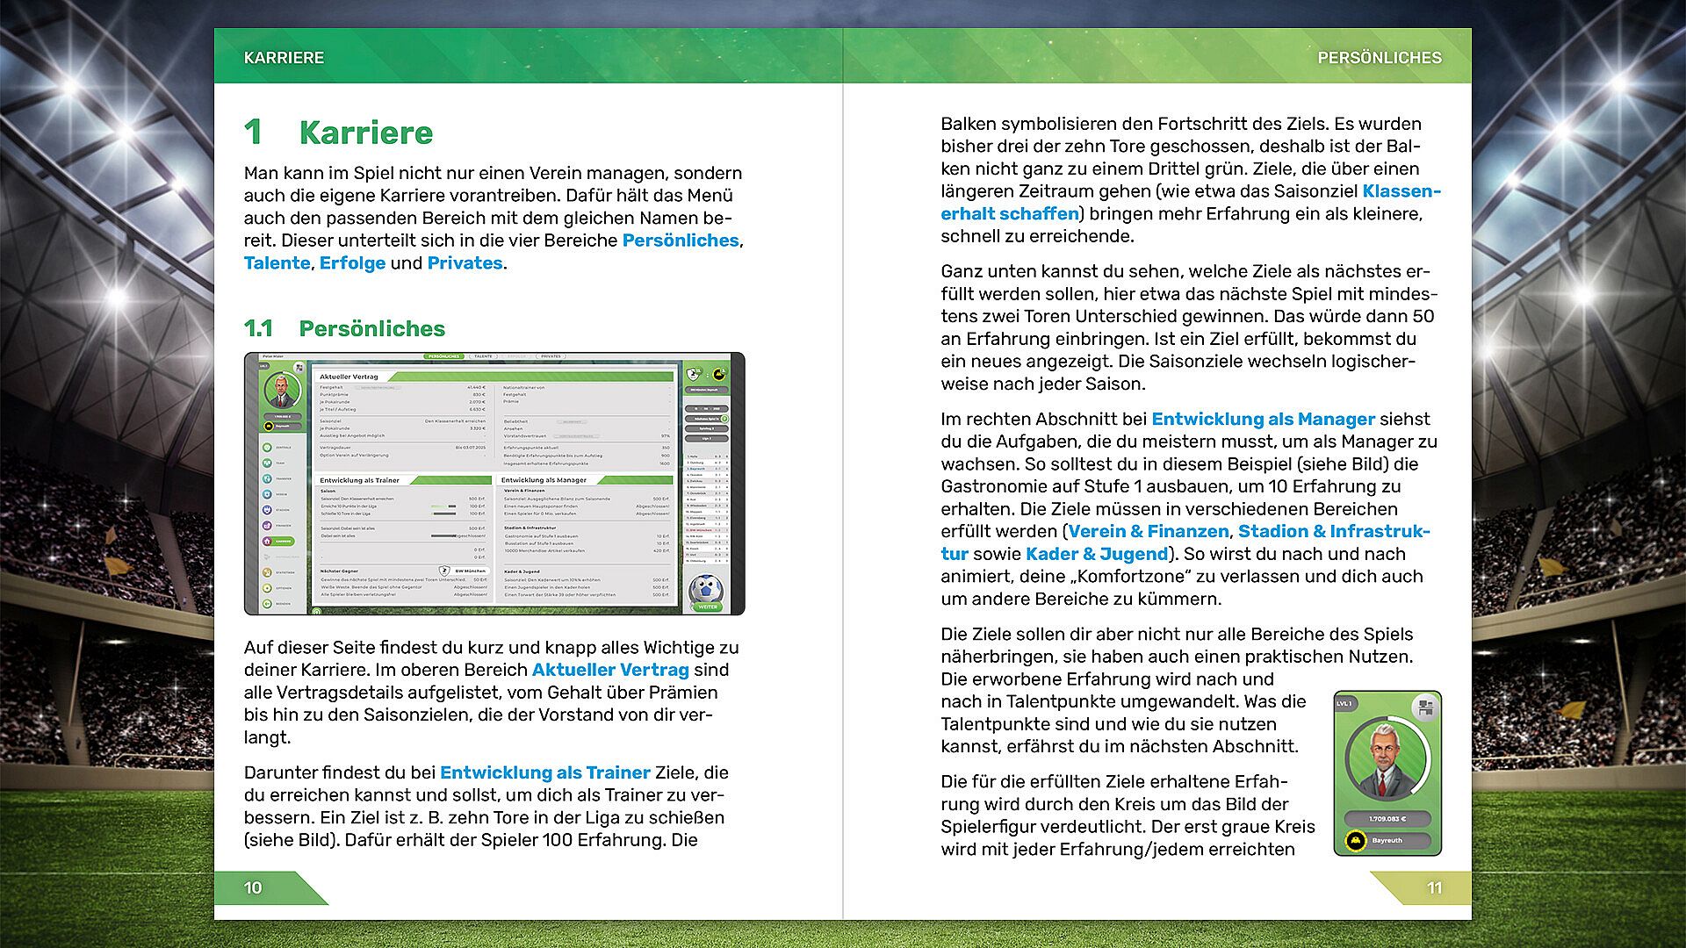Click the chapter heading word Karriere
(x=365, y=133)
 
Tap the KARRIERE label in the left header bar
(x=284, y=58)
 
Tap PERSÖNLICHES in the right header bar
(x=1379, y=58)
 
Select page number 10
(x=253, y=888)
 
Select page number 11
(x=1434, y=888)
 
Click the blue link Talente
(x=277, y=263)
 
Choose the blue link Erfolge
(x=352, y=263)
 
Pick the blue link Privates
(x=465, y=263)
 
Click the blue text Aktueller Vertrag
(x=610, y=671)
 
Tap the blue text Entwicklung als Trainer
(x=544, y=773)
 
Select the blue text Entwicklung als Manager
(x=1263, y=420)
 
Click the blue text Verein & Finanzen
(x=1148, y=532)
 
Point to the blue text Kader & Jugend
(x=1097, y=555)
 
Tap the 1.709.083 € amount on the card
(x=1387, y=819)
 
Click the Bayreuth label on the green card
(x=1387, y=841)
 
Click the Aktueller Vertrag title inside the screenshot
(x=349, y=377)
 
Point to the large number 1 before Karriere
(x=253, y=133)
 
